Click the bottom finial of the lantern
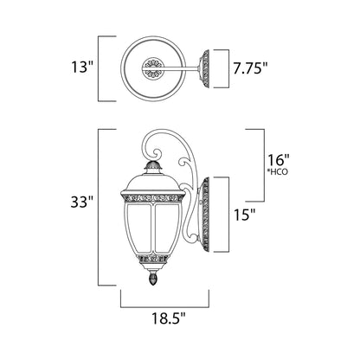click(157, 281)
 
